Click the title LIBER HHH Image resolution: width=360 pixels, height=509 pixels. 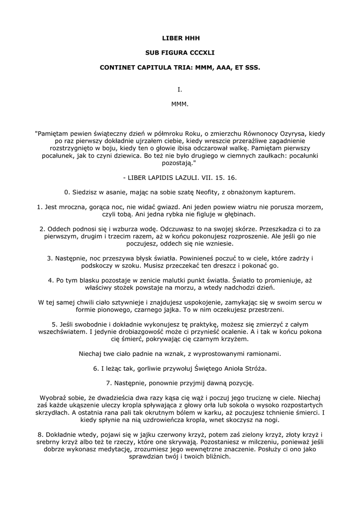coord(180,38)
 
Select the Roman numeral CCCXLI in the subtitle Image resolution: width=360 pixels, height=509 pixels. coord(201,52)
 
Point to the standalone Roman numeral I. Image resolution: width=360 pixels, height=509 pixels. coord(180,90)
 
